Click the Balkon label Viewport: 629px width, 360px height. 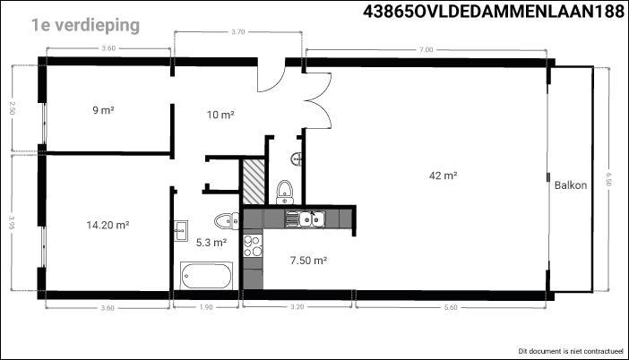(571, 185)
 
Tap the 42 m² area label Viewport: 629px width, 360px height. (444, 176)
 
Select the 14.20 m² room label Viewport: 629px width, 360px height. (108, 225)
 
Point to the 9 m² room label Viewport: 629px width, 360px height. (104, 110)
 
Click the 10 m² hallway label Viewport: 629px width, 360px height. (220, 115)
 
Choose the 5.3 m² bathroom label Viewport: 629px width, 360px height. (211, 243)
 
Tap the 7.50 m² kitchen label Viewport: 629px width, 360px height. (308, 261)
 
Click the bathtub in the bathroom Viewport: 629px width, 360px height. (206, 276)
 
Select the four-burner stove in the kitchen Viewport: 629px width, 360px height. (253, 245)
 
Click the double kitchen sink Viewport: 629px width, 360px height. (312, 219)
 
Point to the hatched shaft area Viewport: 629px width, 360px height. (254, 182)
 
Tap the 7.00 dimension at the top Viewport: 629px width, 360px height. (426, 50)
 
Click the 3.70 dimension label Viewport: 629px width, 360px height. (237, 31)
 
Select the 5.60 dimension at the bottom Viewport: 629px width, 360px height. (451, 307)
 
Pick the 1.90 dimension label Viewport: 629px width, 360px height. (206, 307)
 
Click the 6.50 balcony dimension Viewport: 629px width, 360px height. (608, 179)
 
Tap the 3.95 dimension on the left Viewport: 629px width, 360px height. (12, 223)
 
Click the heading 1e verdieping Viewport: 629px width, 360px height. (85, 25)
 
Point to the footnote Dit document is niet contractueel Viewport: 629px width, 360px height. (571, 351)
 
